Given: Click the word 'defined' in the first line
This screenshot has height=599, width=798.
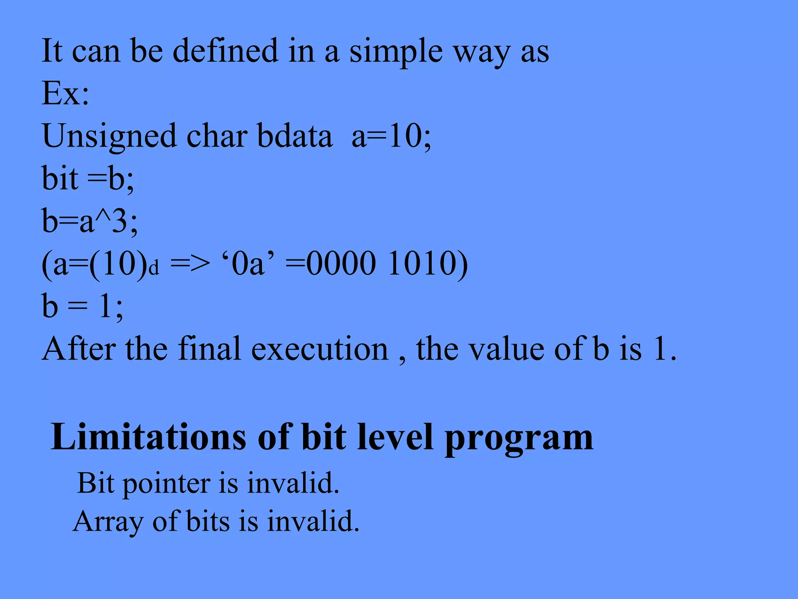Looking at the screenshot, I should [x=225, y=51].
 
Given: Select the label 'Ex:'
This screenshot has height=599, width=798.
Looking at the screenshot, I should [x=65, y=94].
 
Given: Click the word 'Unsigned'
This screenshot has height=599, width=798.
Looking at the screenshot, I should [x=109, y=137].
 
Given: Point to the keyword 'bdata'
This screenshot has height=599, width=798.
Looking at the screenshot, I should [x=295, y=136].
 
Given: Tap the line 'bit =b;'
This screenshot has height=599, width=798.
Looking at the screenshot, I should [x=88, y=179].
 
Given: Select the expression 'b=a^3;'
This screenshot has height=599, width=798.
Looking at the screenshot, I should [x=90, y=221].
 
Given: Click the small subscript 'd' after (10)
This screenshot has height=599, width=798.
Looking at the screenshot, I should [x=154, y=269].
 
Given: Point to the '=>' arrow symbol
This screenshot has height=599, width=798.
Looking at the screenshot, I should [x=190, y=264].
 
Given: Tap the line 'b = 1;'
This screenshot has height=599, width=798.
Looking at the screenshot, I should [x=82, y=307].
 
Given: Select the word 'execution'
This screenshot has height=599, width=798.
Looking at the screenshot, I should [x=320, y=349].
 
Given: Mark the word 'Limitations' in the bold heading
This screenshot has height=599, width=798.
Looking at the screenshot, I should [x=148, y=438].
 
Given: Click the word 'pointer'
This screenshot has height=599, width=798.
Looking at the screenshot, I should [x=167, y=484].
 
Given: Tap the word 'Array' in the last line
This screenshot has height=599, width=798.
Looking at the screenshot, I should [x=108, y=522].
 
